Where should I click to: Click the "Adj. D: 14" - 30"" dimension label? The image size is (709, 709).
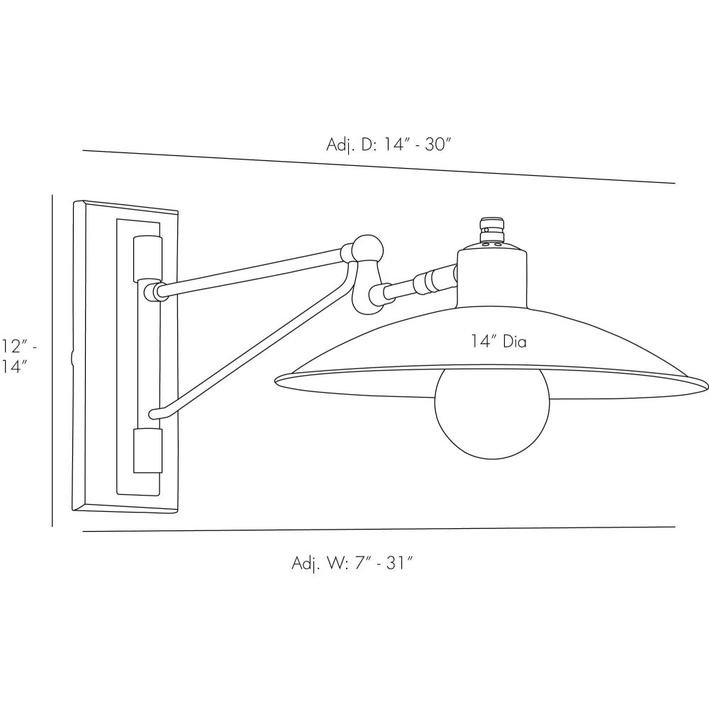[389, 145]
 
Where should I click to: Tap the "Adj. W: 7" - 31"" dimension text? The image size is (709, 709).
[352, 563]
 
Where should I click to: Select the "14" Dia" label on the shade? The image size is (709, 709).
[498, 342]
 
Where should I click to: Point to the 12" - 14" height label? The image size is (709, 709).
[17, 357]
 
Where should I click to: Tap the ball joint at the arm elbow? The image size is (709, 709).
[368, 249]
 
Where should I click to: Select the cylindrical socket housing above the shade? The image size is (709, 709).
[492, 277]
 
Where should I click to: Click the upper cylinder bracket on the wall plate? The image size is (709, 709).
[147, 258]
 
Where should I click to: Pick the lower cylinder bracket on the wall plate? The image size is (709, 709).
[147, 451]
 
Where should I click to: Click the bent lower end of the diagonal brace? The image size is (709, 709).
[158, 413]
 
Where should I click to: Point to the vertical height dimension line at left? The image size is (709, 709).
[52, 361]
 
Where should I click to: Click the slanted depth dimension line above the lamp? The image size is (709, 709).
[379, 167]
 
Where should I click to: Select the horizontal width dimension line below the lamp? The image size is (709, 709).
[379, 529]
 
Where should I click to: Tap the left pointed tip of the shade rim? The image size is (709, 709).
[275, 381]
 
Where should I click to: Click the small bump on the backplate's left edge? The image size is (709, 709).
[72, 358]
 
